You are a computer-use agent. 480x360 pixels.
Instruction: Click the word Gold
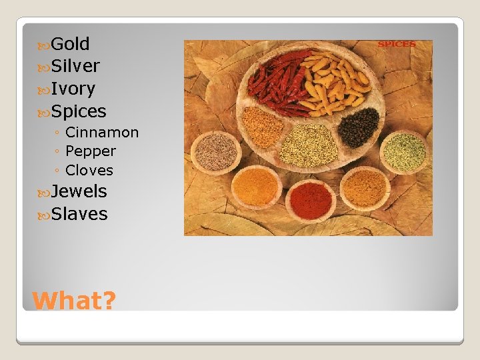pyautogui.click(x=70, y=44)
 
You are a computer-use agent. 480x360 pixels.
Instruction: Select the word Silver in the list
pyautogui.click(x=75, y=66)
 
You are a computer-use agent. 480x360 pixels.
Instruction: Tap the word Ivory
pyautogui.click(x=73, y=89)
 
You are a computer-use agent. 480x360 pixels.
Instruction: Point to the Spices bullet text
pyautogui.click(x=79, y=111)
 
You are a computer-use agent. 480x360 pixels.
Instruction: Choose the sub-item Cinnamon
pyautogui.click(x=102, y=133)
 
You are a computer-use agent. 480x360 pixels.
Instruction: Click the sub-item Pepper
pyautogui.click(x=91, y=151)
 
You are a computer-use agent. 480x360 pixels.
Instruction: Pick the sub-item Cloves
pyautogui.click(x=89, y=170)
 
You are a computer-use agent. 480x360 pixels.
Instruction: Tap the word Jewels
pyautogui.click(x=79, y=191)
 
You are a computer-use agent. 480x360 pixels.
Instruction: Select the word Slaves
pyautogui.click(x=79, y=214)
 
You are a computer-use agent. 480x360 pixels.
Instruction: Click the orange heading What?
pyautogui.click(x=74, y=301)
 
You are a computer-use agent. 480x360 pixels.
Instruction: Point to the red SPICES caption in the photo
pyautogui.click(x=397, y=45)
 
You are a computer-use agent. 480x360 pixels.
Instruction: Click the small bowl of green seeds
pyautogui.click(x=404, y=151)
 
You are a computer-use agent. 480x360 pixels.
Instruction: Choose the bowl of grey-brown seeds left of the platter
pyautogui.click(x=215, y=151)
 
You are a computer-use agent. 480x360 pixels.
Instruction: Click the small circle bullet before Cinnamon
pyautogui.click(x=58, y=133)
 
